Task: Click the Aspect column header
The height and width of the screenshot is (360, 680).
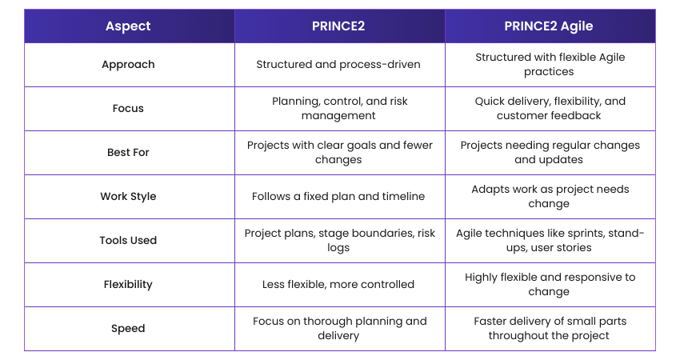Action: click(128, 26)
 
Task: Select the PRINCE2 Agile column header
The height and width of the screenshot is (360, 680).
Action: click(549, 26)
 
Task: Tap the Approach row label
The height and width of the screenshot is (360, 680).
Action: click(128, 65)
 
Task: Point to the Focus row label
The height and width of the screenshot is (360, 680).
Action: click(128, 109)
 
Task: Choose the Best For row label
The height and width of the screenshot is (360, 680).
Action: click(128, 152)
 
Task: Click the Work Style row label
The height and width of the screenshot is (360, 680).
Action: click(128, 197)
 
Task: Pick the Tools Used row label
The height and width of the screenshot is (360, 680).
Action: click(128, 240)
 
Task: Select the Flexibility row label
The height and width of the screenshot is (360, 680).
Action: click(128, 285)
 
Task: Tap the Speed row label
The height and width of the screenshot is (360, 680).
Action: click(128, 328)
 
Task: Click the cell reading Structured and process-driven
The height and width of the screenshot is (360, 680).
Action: click(338, 65)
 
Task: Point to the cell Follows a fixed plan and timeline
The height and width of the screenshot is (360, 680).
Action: click(338, 197)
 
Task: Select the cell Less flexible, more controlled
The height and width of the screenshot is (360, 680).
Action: click(338, 285)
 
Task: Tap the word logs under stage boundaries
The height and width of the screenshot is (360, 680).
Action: click(338, 248)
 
